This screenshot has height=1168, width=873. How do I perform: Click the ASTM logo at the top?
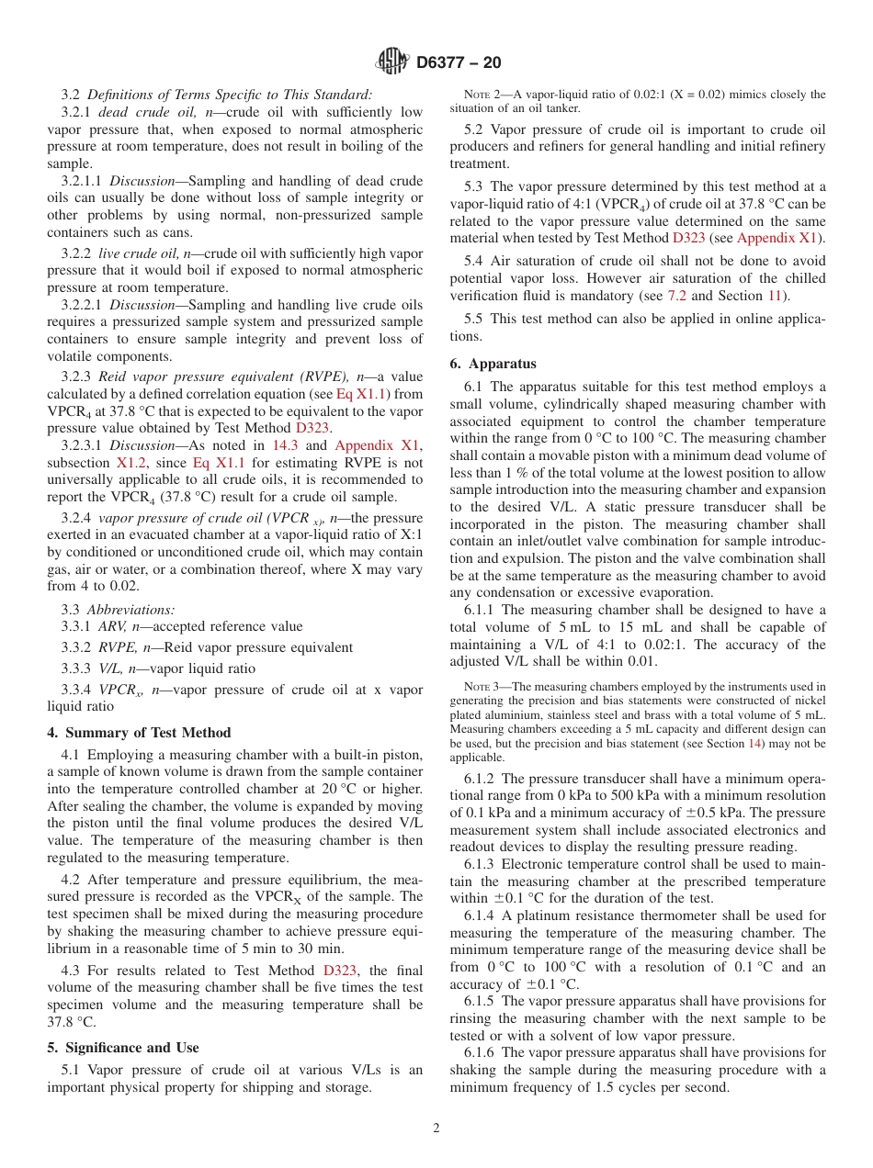[392, 62]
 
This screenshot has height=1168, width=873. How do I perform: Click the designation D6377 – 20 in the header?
[459, 62]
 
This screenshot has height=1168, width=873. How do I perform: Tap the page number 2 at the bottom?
[436, 1129]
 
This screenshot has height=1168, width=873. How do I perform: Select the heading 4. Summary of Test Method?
[139, 733]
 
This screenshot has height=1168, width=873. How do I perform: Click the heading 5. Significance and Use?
[122, 1048]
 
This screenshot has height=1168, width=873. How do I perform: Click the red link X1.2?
[130, 463]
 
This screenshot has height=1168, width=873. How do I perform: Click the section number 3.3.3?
[76, 668]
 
